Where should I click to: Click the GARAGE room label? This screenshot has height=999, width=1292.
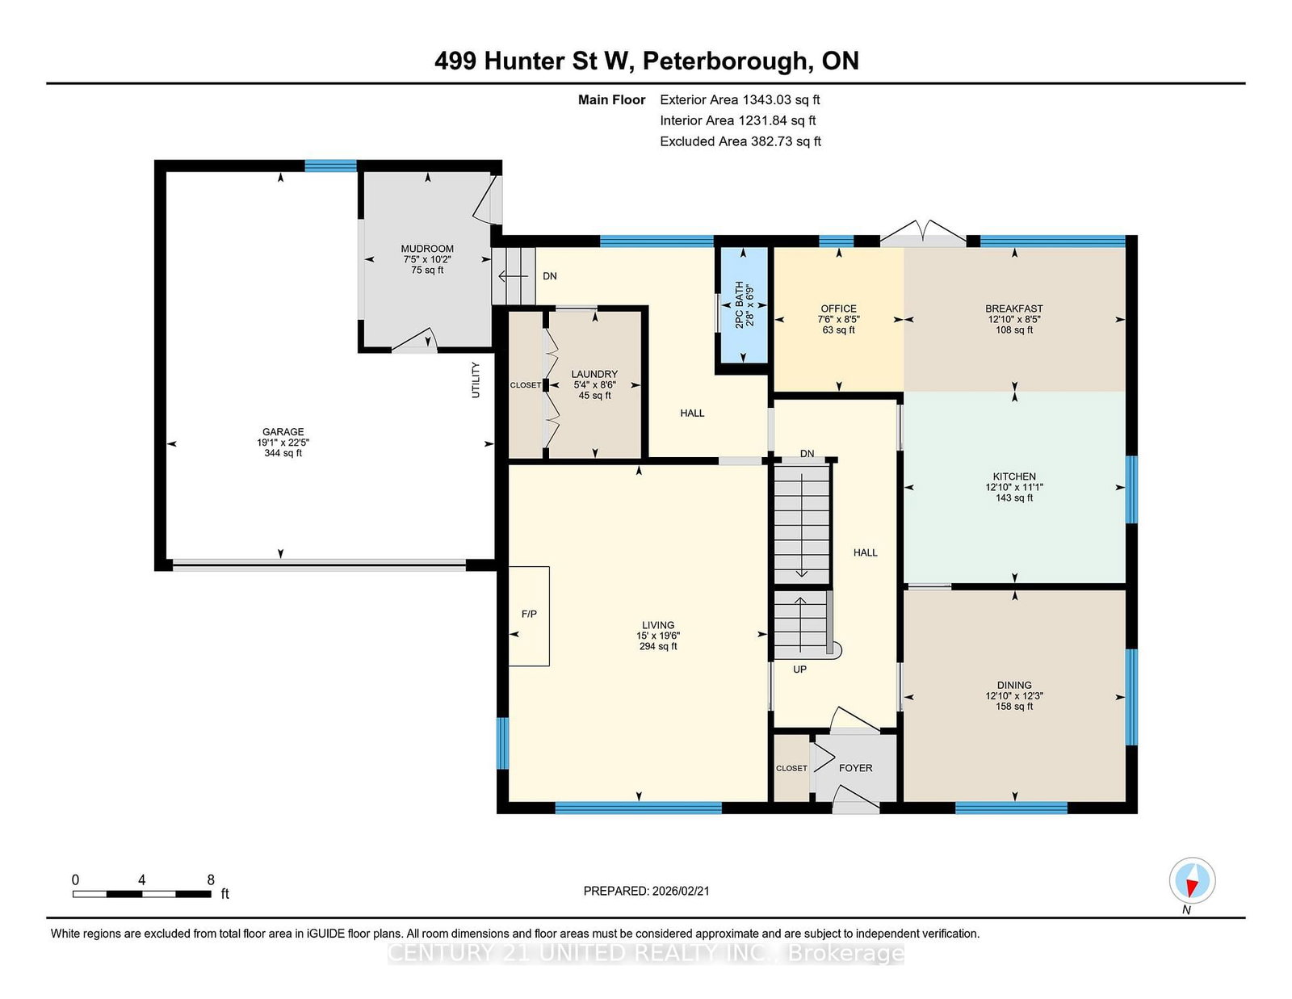pos(283,432)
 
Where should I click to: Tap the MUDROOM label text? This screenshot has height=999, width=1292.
pos(427,249)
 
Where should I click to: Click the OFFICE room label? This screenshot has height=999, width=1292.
pos(838,309)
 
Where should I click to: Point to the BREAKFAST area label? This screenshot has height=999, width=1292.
pos(1013,309)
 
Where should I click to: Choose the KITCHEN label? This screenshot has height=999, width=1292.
pos(1014,476)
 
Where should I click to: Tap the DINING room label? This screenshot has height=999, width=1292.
pos(1014,685)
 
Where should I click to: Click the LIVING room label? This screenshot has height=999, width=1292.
pos(658,625)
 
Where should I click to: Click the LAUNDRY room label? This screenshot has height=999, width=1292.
pos(594,374)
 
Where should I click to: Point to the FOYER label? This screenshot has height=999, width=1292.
pos(855,768)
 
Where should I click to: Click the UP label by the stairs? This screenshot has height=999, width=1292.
pos(799,669)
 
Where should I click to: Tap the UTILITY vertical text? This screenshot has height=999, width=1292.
pos(476,380)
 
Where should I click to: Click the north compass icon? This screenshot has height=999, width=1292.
pos(1192,880)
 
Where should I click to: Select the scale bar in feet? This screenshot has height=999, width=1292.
pos(142,893)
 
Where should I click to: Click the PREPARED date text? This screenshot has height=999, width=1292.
pos(646,891)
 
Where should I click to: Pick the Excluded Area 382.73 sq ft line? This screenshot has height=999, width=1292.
pos(740,141)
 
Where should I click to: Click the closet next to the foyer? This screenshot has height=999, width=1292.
pos(791,768)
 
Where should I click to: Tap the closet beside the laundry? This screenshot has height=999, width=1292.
pos(526,385)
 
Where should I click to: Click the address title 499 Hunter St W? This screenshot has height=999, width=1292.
pos(646,61)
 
